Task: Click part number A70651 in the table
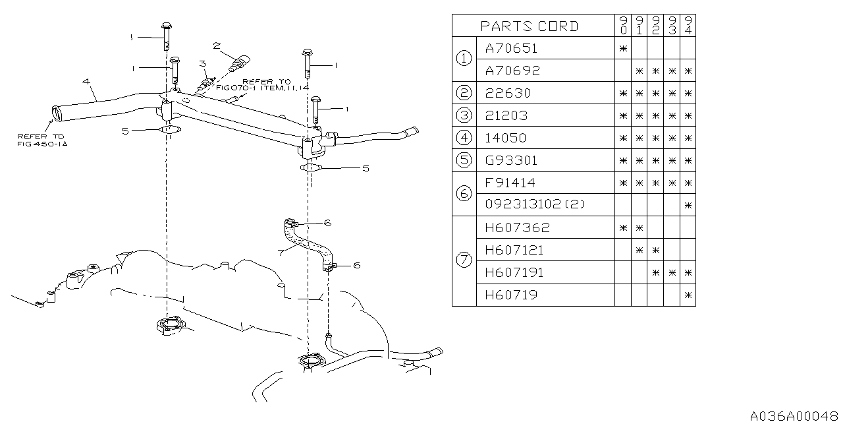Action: (511, 48)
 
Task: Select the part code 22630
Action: (508, 93)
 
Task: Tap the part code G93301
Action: (510, 160)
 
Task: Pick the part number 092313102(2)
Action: (535, 205)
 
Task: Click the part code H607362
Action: (517, 227)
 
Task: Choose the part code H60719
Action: (511, 295)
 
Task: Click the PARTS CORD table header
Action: (530, 26)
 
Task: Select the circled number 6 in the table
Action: (464, 193)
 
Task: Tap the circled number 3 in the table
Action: (464, 115)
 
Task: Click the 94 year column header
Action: (688, 26)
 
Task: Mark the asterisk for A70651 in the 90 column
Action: (623, 48)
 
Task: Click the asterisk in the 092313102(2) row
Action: (688, 205)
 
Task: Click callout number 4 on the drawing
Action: (86, 81)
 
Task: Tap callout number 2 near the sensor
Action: (216, 45)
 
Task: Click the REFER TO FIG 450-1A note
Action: (41, 139)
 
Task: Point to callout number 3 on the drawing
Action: (203, 63)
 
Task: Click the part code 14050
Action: (508, 138)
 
